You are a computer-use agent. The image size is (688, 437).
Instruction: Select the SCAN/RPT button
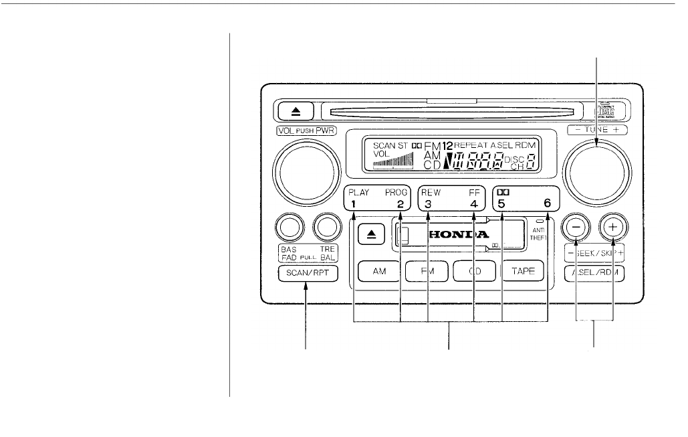(308, 274)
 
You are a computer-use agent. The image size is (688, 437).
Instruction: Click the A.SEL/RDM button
(594, 273)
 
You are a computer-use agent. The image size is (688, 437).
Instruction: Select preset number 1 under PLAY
(354, 204)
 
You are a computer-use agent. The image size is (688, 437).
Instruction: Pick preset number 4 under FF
(473, 204)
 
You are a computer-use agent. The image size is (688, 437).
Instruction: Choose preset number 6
(548, 204)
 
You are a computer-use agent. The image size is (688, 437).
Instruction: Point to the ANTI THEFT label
(539, 234)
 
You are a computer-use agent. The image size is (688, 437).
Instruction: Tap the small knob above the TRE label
(327, 229)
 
